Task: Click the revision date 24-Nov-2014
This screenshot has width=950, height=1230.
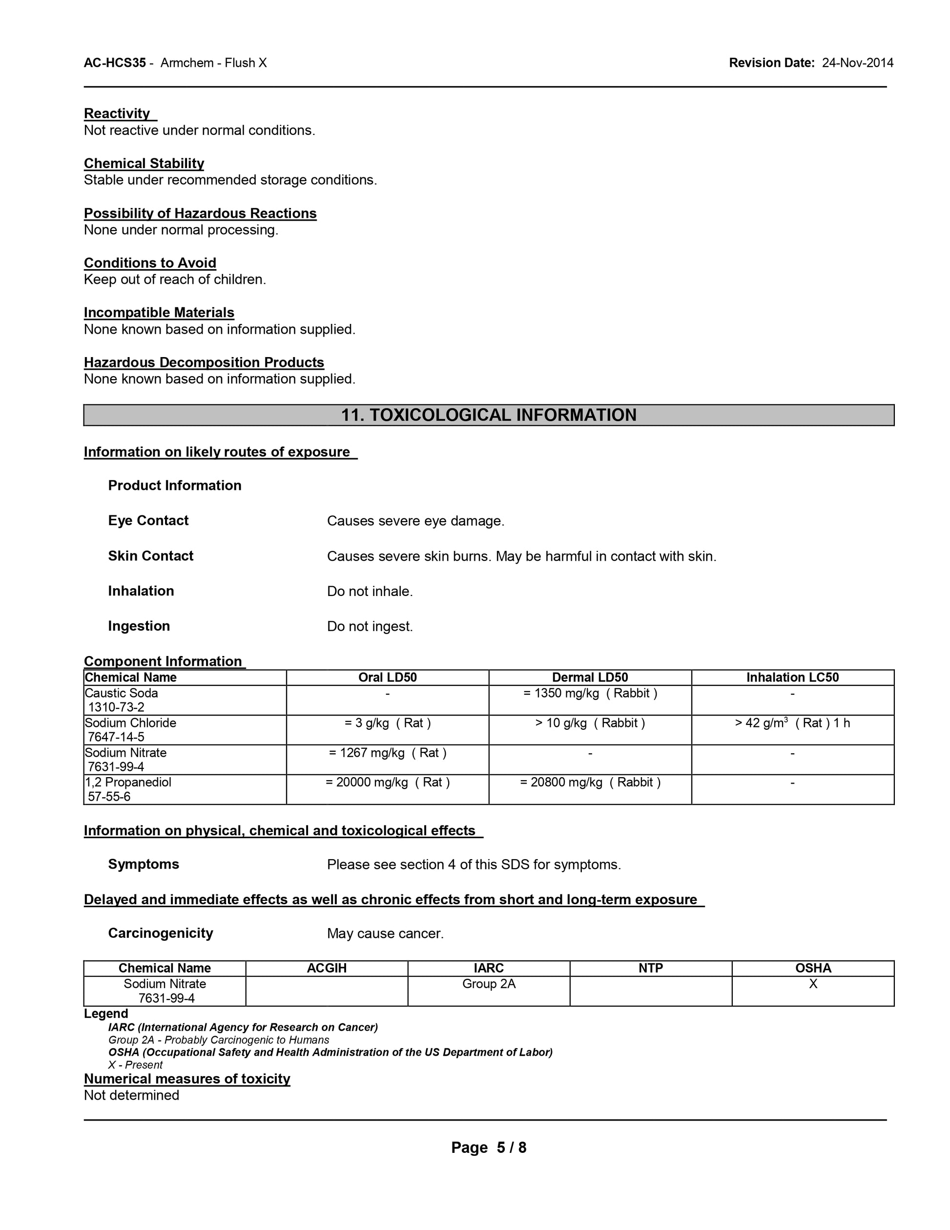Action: [x=857, y=63]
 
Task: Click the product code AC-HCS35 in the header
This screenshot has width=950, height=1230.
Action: [x=115, y=63]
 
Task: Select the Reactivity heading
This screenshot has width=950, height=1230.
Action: [x=117, y=114]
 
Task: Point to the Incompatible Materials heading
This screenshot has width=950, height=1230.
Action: [x=159, y=313]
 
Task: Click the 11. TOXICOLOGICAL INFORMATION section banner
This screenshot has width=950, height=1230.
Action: [x=489, y=415]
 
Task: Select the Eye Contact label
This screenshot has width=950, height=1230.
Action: [x=148, y=520]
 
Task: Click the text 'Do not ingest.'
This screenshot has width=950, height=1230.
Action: [x=370, y=626]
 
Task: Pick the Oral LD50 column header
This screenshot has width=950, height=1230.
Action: [x=387, y=677]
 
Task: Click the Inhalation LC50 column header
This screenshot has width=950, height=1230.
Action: [x=792, y=677]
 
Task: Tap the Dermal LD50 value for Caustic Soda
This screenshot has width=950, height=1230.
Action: [x=590, y=693]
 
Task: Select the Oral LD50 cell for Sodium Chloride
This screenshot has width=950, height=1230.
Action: [x=387, y=723]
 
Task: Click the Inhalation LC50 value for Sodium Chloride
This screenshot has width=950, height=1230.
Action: [x=792, y=723]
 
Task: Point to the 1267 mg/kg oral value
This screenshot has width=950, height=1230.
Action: [x=387, y=753]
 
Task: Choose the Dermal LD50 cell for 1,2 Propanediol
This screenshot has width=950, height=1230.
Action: [x=590, y=782]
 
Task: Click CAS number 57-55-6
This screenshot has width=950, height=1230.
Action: [x=109, y=796]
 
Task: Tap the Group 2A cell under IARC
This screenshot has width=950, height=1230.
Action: [x=489, y=984]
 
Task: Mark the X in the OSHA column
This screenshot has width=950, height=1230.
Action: [x=813, y=984]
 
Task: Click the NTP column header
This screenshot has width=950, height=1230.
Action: [x=651, y=968]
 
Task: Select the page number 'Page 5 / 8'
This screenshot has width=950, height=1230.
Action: [x=489, y=1148]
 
